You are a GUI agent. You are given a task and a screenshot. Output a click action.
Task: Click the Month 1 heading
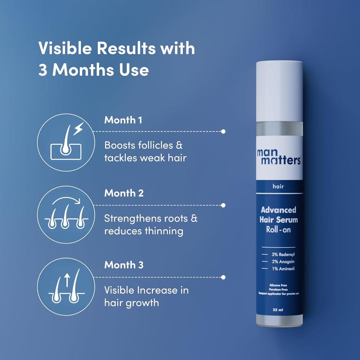tap(123, 120)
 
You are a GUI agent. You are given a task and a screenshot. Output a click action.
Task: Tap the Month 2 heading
tap(124, 193)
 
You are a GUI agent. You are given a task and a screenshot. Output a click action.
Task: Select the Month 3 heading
tap(124, 265)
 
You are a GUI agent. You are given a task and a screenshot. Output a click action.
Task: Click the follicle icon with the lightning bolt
tap(66, 142)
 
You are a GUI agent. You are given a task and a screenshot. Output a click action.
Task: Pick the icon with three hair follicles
tap(66, 214)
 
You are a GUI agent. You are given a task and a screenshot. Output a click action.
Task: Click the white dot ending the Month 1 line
tap(223, 131)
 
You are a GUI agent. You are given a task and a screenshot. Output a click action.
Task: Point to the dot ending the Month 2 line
tap(223, 205)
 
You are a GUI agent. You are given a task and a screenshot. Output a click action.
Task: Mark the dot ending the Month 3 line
tap(223, 277)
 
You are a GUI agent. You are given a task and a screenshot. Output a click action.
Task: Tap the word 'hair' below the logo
tap(278, 187)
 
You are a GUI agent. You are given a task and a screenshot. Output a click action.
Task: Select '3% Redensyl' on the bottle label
tap(283, 254)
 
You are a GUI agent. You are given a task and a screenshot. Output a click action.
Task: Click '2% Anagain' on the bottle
tap(283, 262)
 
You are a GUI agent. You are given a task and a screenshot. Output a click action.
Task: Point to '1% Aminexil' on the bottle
tap(283, 269)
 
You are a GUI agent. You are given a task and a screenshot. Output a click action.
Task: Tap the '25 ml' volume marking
tap(278, 310)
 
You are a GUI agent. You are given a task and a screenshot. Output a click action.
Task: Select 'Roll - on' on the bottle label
tap(279, 230)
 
